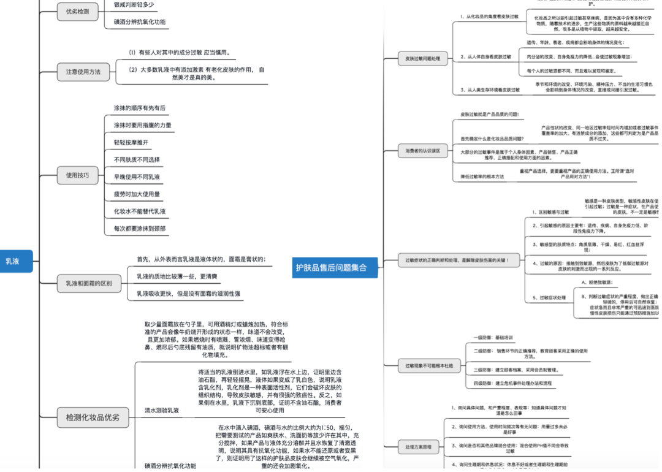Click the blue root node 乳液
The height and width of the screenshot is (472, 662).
tap(13, 261)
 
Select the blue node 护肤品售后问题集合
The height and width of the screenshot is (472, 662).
tap(331, 267)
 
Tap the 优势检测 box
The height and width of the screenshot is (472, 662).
tap(77, 12)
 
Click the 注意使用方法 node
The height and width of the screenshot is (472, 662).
tap(83, 72)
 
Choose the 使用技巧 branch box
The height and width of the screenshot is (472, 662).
tap(77, 175)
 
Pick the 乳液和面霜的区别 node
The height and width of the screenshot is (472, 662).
tap(89, 284)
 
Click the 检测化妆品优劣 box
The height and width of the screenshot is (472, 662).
tap(93, 418)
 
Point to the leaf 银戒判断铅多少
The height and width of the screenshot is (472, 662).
tap(134, 5)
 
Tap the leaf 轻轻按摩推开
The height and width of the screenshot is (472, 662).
tap(131, 142)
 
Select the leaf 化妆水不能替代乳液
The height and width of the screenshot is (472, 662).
tap(140, 211)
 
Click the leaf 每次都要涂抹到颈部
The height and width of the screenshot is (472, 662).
tap(140, 229)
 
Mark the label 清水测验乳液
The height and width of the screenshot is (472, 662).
tap(162, 410)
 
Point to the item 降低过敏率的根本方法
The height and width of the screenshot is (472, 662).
tap(482, 177)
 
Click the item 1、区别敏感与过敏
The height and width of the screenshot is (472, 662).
tap(550, 212)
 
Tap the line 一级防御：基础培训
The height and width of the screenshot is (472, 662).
tap(493, 337)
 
